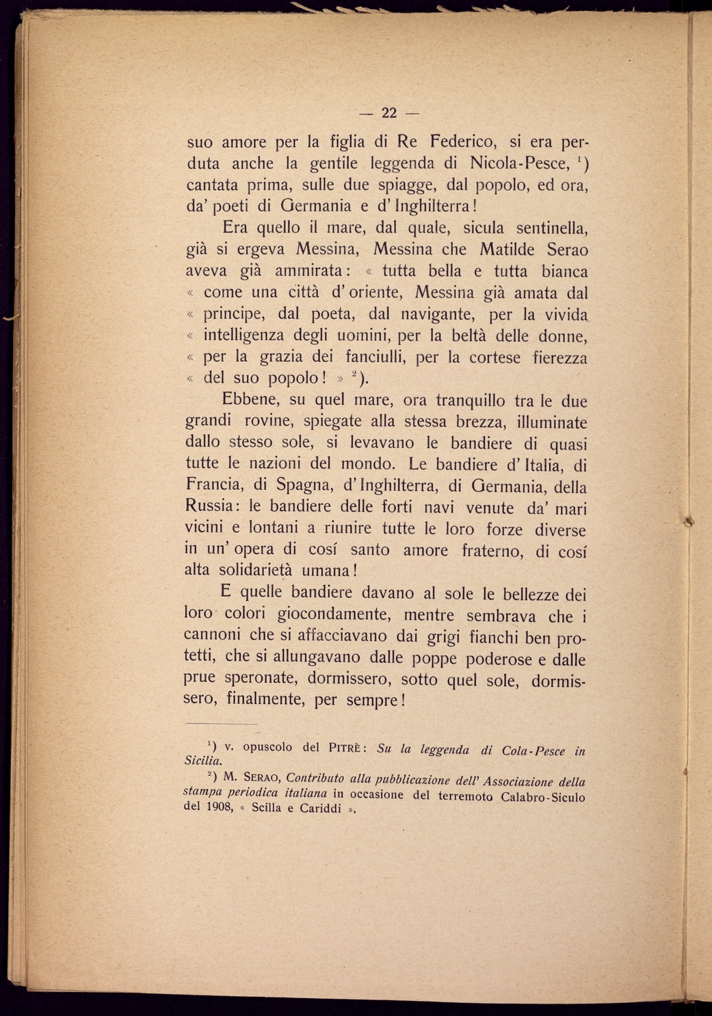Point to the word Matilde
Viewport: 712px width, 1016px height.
(x=503, y=249)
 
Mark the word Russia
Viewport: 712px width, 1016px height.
(x=210, y=506)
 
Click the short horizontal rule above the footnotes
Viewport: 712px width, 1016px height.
(x=221, y=723)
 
